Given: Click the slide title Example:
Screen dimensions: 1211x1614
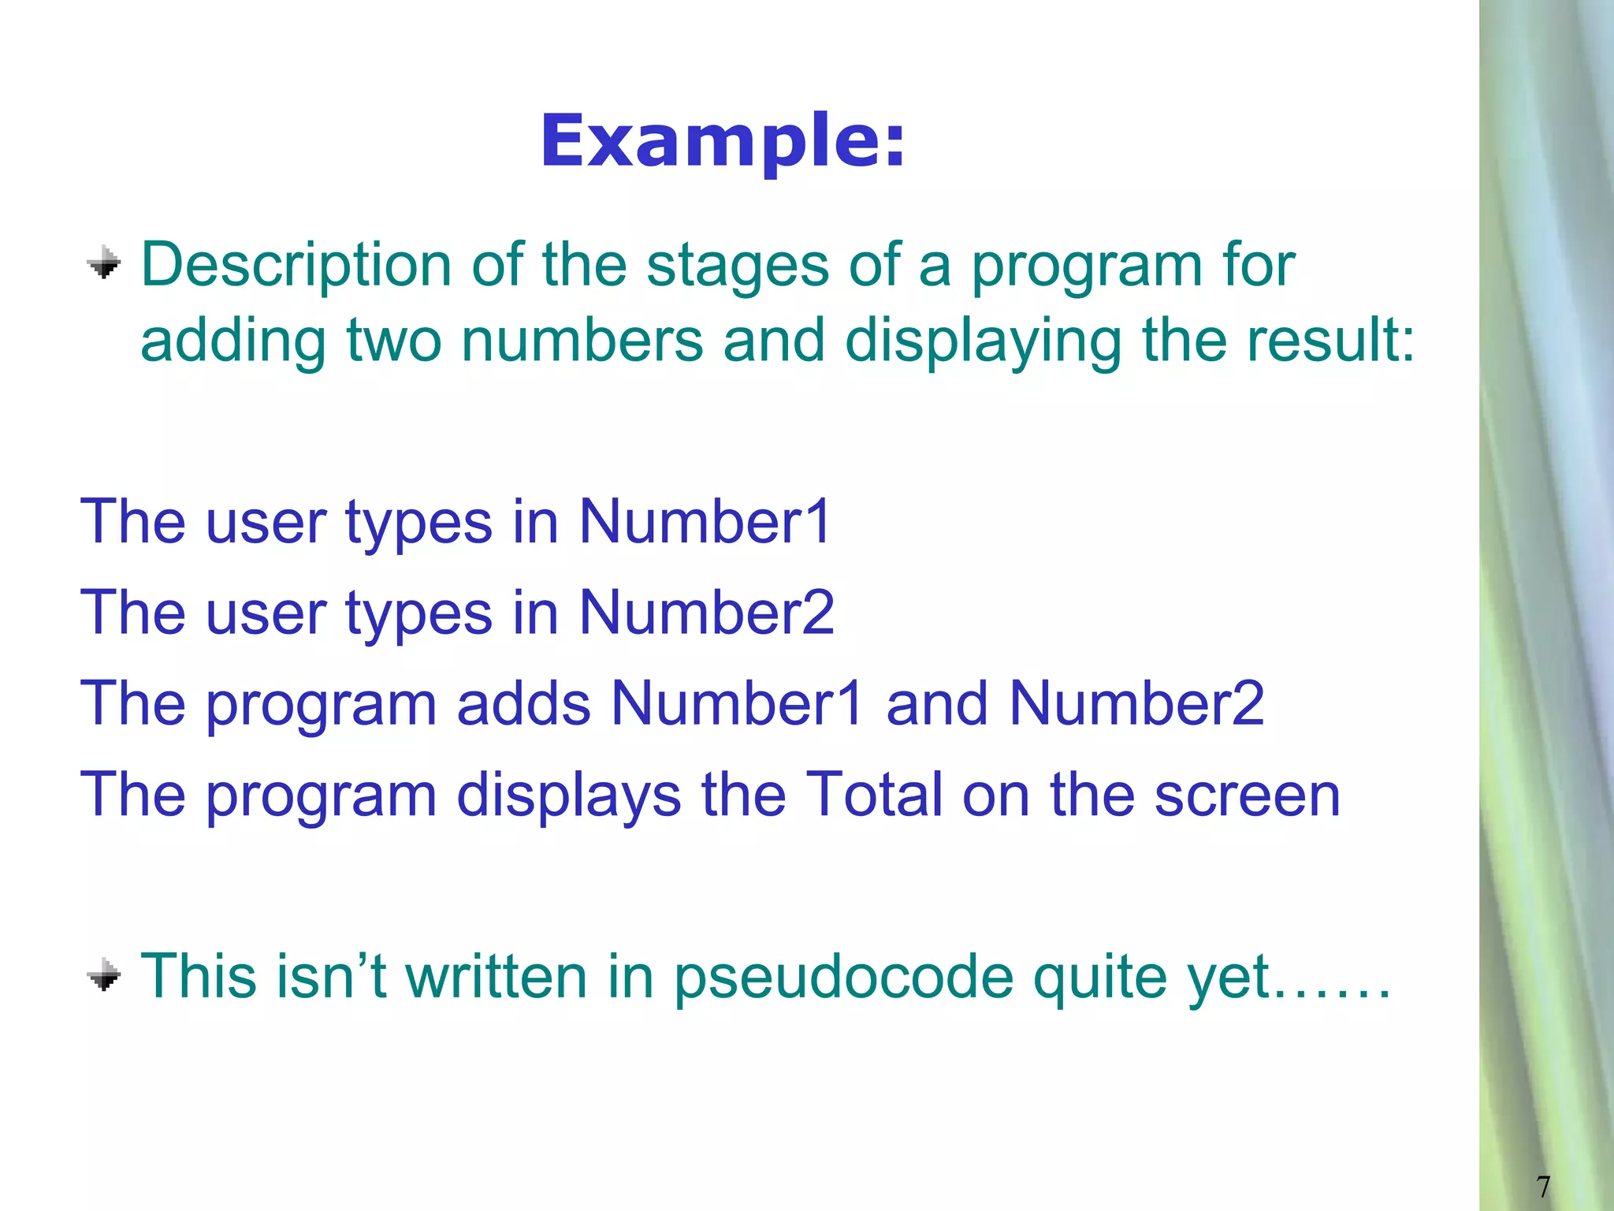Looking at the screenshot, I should [723, 142].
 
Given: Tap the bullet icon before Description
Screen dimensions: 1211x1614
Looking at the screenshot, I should [104, 263].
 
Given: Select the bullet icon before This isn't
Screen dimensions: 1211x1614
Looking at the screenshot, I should [104, 975].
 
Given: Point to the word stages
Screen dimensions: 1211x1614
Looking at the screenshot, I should [738, 266].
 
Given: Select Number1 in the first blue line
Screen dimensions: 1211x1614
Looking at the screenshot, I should [705, 522].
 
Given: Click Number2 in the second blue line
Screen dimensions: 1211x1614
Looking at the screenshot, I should [707, 613].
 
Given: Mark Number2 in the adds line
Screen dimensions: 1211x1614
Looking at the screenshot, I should [1137, 703].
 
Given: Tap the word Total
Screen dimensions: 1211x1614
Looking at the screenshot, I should [873, 794].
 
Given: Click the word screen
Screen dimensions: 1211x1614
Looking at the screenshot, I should [1247, 796].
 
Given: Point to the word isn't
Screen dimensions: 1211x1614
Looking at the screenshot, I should [330, 977].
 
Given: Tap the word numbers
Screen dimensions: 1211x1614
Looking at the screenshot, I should [582, 341].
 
